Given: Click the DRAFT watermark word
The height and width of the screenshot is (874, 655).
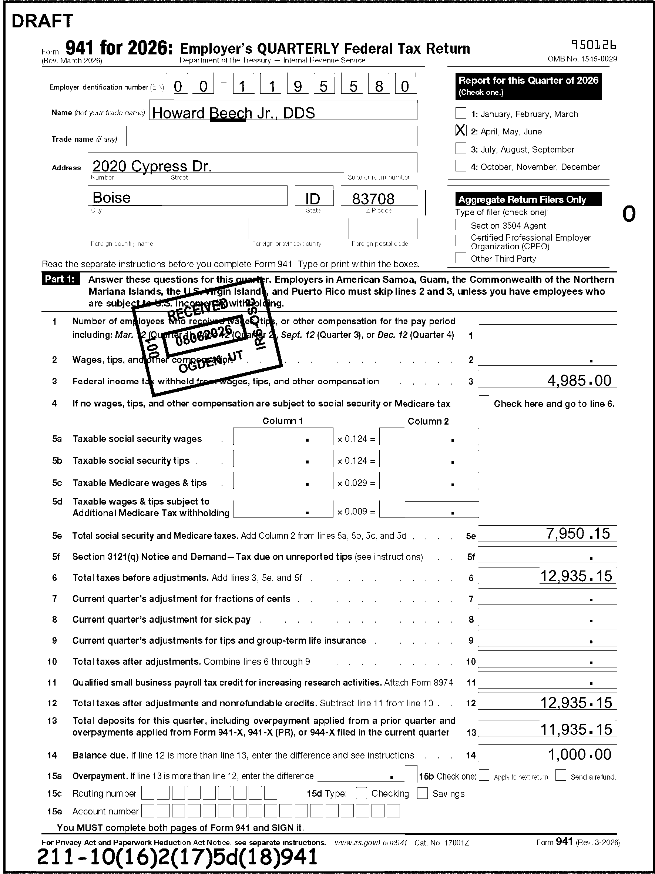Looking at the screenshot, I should coord(42,21).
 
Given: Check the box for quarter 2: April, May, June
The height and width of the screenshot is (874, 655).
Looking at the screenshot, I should coord(461,131).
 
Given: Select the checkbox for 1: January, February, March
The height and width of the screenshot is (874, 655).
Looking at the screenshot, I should coord(461,113).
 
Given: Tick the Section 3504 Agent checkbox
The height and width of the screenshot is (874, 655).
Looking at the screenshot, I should coord(461,225).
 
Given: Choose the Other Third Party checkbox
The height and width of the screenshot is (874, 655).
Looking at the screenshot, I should coord(461,258).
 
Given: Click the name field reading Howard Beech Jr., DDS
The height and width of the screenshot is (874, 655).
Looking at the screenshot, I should coord(234,113).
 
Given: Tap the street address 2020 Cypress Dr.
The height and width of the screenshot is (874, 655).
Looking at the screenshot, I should coord(152,166).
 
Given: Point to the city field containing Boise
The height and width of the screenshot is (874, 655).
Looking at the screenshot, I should coord(112,197).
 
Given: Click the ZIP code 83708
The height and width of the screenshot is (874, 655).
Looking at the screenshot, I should coord(373,199).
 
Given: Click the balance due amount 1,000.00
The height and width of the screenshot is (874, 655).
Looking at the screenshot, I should coord(580,755).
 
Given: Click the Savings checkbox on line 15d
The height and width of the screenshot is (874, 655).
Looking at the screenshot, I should coord(422,793).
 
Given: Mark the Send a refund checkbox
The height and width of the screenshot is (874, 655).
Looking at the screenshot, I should coord(561,775).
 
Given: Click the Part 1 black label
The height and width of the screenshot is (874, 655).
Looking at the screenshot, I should coord(60,279).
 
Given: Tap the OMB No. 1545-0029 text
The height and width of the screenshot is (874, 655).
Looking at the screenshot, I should coord(582,59).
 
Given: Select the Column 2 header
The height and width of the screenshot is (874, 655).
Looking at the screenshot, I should coord(428,421).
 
